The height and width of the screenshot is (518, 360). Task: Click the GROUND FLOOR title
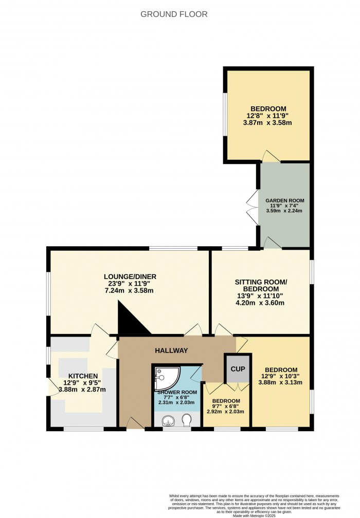(174, 14)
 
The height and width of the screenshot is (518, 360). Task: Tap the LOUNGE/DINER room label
(130, 276)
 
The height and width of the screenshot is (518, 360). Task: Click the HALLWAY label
(172, 350)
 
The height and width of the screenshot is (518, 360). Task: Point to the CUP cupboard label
(237, 369)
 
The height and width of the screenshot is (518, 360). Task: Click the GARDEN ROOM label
(284, 200)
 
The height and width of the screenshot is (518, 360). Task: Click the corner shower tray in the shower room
(165, 379)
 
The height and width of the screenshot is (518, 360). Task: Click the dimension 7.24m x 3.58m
(130, 291)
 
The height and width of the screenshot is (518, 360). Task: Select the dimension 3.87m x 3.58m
(267, 123)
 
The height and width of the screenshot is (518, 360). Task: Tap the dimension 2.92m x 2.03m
(226, 412)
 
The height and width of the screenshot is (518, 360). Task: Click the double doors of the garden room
(252, 207)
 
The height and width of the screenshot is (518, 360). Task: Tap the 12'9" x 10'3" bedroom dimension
(281, 377)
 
